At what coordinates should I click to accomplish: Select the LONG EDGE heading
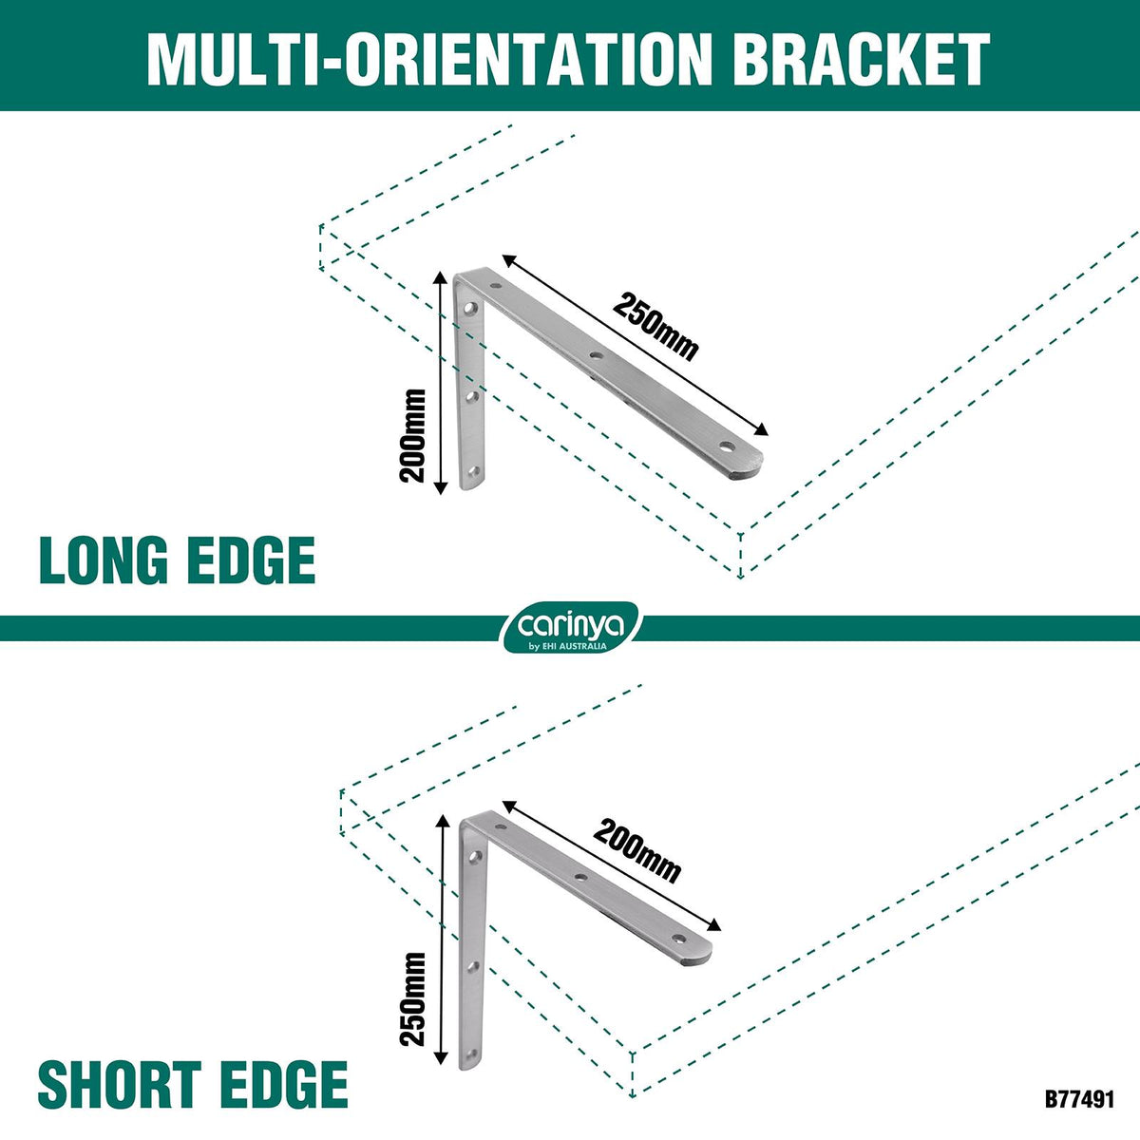pos(177,560)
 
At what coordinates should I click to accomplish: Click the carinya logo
pos(570,627)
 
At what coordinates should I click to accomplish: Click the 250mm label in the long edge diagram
pos(655,327)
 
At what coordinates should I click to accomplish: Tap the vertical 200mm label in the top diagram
pos(412,436)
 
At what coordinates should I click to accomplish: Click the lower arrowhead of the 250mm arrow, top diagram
pos(761,430)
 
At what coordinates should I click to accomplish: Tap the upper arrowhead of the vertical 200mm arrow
pos(440,278)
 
